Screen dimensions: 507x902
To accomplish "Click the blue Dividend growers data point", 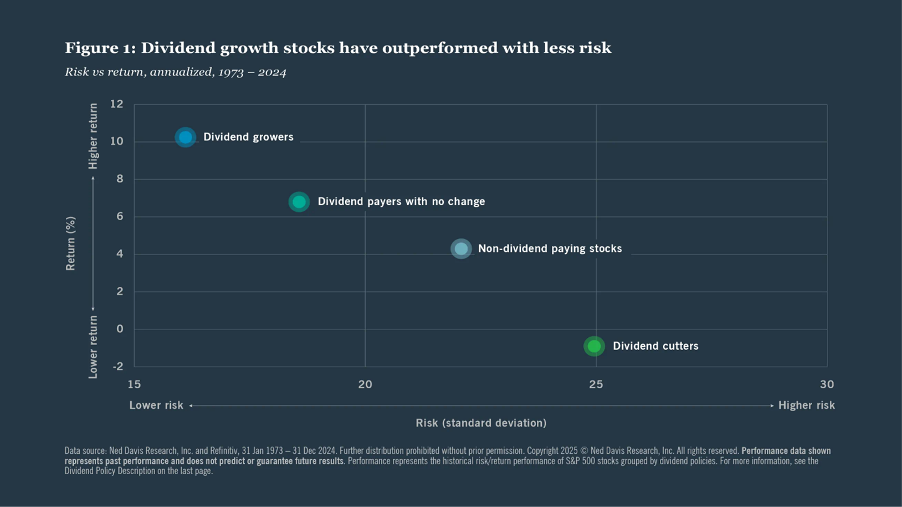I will pos(186,137).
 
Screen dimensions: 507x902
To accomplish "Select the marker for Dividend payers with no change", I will pos(299,202).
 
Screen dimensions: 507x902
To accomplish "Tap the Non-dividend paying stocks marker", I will pos(461,249).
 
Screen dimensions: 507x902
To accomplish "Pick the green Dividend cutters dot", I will pos(594,347).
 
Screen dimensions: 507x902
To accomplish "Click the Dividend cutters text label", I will pos(655,346).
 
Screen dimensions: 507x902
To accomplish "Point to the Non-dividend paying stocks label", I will pos(550,249).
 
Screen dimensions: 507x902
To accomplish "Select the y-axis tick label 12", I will pos(117,104).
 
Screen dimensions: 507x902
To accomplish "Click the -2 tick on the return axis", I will pos(117,366).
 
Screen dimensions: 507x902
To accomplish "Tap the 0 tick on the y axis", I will pos(120,329).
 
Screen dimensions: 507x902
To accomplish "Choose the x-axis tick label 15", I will pos(134,384).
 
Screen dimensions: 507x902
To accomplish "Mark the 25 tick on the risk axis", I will pos(596,384).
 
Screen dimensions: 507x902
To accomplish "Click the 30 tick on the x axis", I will pos(827,384).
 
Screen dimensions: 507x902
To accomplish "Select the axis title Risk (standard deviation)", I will pos(481,423).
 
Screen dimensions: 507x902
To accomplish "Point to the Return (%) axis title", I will pos(70,244).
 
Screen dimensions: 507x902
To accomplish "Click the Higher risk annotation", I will pos(806,405).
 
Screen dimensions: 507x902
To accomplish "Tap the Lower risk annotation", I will pos(156,405).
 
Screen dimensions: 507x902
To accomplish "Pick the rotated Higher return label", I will pos(93,136).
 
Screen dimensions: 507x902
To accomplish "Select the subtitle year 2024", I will pos(271,72).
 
